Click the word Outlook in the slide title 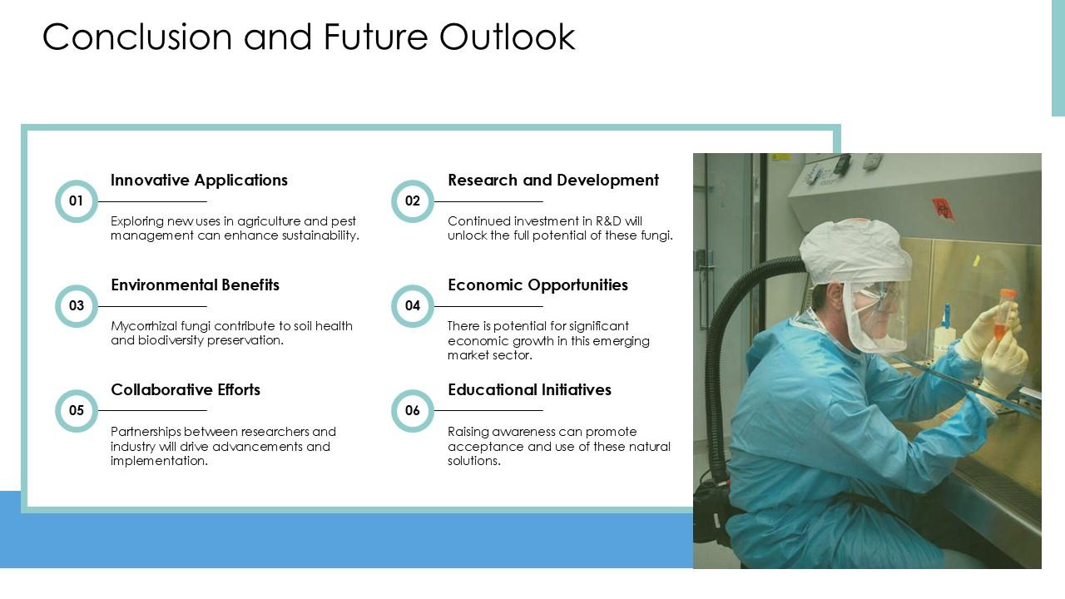(x=507, y=37)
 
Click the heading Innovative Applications (x=199, y=181)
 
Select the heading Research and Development (x=553, y=181)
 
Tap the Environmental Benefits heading (x=195, y=285)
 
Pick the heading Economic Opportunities (x=537, y=285)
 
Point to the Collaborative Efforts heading (x=186, y=390)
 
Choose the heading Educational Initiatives (x=530, y=390)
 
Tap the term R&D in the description (x=608, y=221)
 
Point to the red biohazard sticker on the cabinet (x=943, y=209)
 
